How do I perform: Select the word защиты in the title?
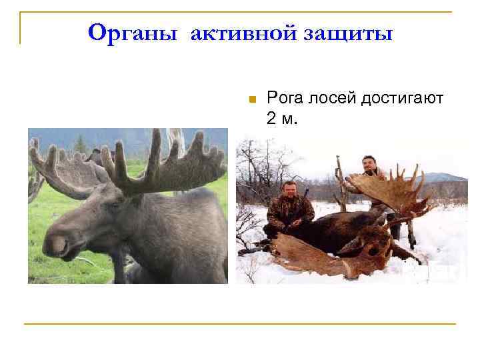click(x=353, y=32)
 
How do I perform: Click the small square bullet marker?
click(x=251, y=100)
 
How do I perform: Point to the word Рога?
click(x=285, y=99)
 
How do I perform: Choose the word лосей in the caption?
click(x=333, y=99)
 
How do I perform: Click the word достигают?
click(x=403, y=99)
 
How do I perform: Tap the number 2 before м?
click(x=271, y=119)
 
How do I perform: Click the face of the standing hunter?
click(x=369, y=163)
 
